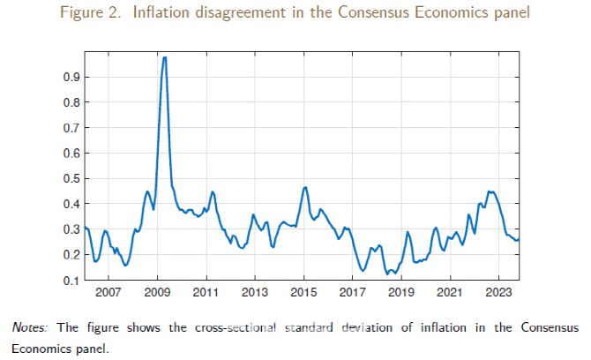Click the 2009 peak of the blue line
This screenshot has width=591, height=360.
(x=165, y=57)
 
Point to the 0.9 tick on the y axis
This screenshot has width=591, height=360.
(x=71, y=77)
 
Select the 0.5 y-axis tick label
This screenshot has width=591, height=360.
(x=71, y=178)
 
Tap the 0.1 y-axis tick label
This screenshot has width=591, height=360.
(x=71, y=280)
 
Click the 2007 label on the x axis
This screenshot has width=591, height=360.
(x=108, y=290)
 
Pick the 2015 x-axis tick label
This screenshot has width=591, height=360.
(x=304, y=290)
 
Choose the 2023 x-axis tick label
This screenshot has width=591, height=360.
(x=499, y=290)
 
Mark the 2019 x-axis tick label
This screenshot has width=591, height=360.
(x=401, y=290)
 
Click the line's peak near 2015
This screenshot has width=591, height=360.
(x=305, y=187)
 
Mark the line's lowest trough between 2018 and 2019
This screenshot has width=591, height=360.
(x=387, y=274)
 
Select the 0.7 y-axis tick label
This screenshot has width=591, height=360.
(x=71, y=128)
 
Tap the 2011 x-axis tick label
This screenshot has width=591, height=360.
(x=206, y=290)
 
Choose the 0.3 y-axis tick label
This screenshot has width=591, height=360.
(x=71, y=229)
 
